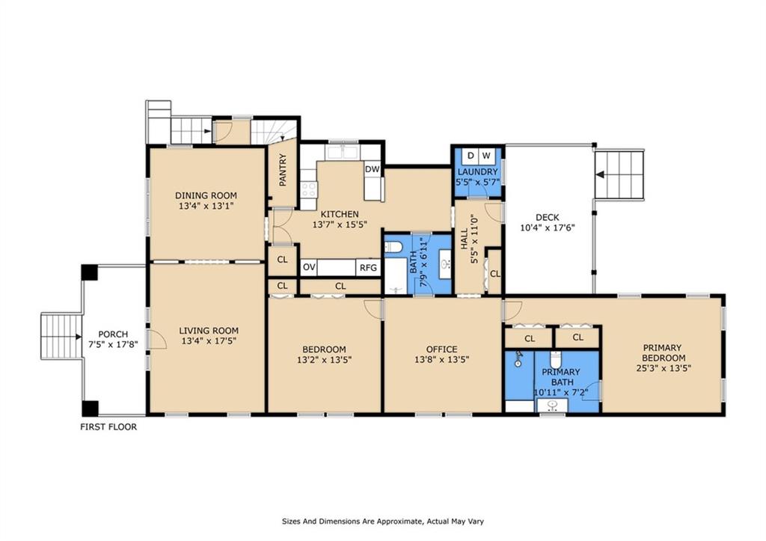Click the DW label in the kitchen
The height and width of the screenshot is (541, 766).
click(373, 169)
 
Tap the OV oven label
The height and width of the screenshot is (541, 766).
click(309, 267)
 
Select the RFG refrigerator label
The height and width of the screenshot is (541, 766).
click(368, 268)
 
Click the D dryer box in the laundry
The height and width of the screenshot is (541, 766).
click(471, 156)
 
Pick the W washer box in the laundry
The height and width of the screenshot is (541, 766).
click(486, 156)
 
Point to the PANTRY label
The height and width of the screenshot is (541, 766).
click(282, 170)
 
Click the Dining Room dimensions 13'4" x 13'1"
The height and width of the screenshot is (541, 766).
click(206, 206)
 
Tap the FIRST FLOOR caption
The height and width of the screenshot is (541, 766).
click(108, 427)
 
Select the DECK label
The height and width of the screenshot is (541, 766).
click(547, 218)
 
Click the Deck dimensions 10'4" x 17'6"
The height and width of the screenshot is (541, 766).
click(547, 227)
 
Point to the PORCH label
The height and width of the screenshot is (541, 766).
click(113, 334)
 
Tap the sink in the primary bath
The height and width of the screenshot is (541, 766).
click(552, 405)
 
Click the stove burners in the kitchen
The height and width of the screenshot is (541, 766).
click(308, 189)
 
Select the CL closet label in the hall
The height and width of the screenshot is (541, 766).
click(495, 274)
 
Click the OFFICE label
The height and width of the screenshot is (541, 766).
click(441, 349)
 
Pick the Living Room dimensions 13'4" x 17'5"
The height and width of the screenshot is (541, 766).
click(209, 341)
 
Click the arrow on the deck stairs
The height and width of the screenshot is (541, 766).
click(601, 174)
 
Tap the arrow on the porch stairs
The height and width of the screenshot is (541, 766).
click(78, 337)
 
